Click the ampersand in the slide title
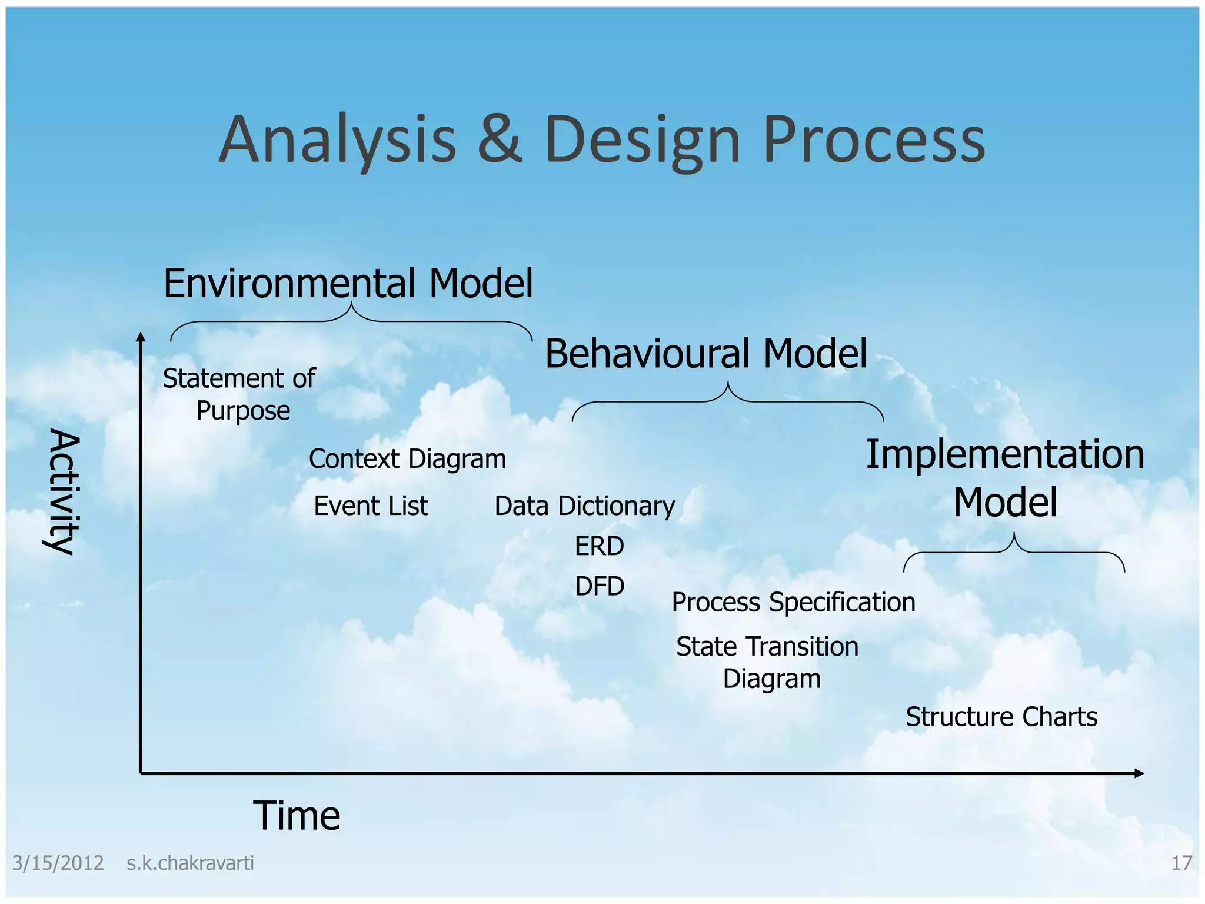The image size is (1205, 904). (500, 139)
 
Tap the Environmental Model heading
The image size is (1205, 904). (348, 284)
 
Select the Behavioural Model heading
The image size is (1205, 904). (705, 354)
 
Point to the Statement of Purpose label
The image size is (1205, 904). (239, 394)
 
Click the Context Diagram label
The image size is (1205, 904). (407, 459)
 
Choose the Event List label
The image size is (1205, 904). (371, 506)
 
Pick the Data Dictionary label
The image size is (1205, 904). (584, 506)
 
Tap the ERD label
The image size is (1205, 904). (599, 546)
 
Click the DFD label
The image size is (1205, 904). (599, 586)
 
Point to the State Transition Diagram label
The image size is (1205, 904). (768, 662)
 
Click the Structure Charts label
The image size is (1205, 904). (1001, 717)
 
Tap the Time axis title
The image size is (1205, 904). (297, 816)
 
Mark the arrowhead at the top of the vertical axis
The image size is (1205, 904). (140, 337)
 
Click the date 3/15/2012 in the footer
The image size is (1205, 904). (58, 863)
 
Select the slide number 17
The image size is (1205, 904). (1181, 863)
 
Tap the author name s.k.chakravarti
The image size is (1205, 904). (190, 863)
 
